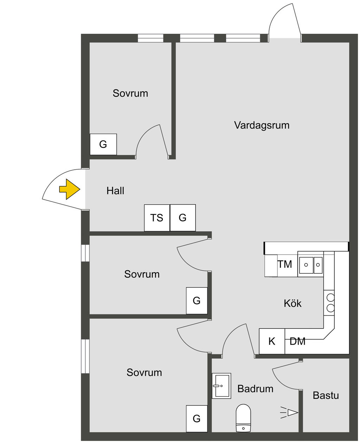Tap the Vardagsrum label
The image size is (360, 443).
(262, 125)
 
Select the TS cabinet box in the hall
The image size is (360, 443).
(157, 218)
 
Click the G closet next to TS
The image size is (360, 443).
(183, 218)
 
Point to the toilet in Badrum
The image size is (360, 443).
(243, 417)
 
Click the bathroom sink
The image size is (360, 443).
(221, 386)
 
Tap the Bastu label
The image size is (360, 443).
(326, 395)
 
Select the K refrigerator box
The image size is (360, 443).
(272, 341)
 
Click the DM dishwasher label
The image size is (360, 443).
(297, 341)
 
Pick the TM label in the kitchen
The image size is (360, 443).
(285, 264)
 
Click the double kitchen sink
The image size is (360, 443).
(311, 264)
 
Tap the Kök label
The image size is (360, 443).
(292, 303)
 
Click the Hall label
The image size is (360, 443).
(115, 191)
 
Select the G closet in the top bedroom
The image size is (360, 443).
(103, 144)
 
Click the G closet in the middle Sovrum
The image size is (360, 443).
(197, 301)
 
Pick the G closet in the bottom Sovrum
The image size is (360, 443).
(197, 418)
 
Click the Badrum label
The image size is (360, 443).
(255, 389)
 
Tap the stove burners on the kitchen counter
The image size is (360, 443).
(330, 303)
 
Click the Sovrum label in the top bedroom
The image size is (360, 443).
(130, 93)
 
